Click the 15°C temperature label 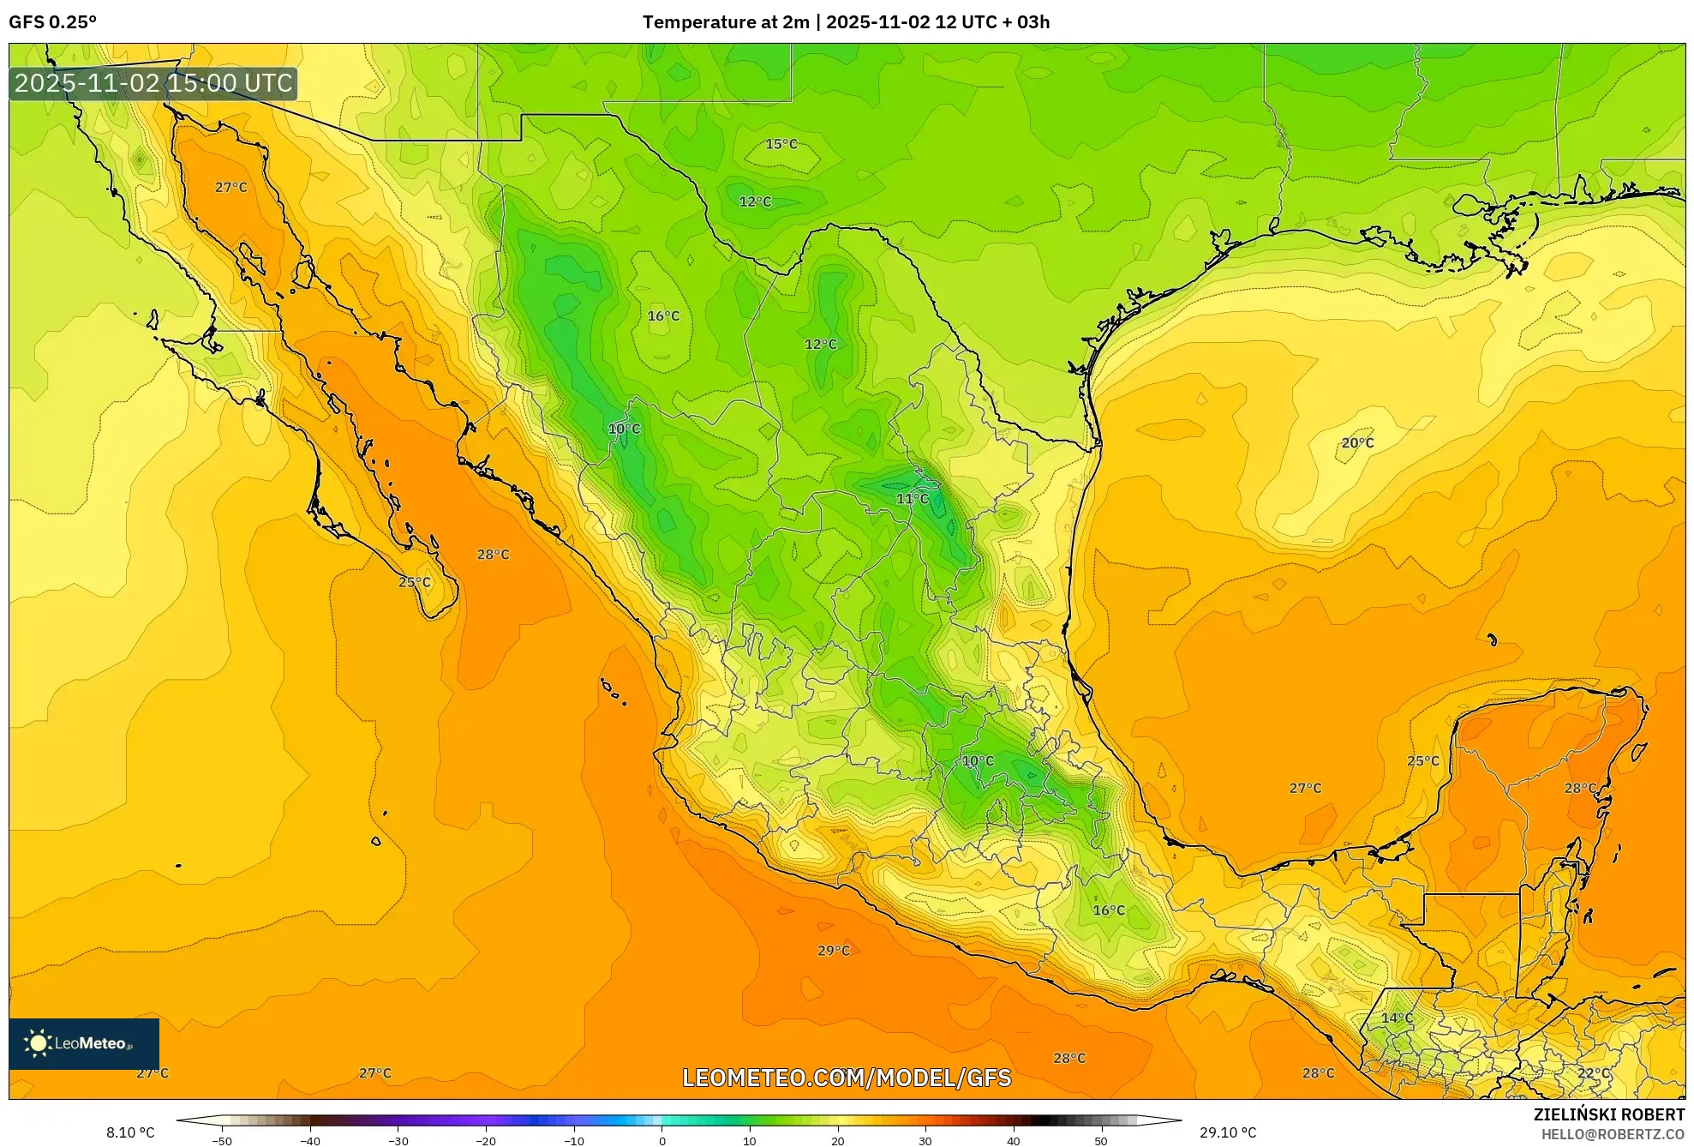pyautogui.click(x=781, y=144)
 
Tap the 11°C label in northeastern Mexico pyautogui.click(x=912, y=499)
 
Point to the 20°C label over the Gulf pyautogui.click(x=1357, y=443)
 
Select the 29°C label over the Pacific pyautogui.click(x=833, y=951)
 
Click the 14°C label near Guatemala pyautogui.click(x=1397, y=1018)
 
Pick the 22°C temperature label pyautogui.click(x=1593, y=1073)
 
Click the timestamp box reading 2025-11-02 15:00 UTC pyautogui.click(x=153, y=83)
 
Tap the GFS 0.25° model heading pyautogui.click(x=52, y=22)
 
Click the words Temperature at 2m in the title pyautogui.click(x=725, y=22)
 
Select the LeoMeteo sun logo pyautogui.click(x=38, y=1043)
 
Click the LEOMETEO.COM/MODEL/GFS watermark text pyautogui.click(x=847, y=1078)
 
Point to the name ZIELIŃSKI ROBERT pyautogui.click(x=1608, y=1114)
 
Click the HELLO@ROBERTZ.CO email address pyautogui.click(x=1613, y=1134)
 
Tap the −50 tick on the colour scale pyautogui.click(x=221, y=1141)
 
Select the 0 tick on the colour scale pyautogui.click(x=661, y=1141)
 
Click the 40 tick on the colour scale pyautogui.click(x=1013, y=1141)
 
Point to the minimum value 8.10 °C pyautogui.click(x=130, y=1132)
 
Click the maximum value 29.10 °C pyautogui.click(x=1227, y=1132)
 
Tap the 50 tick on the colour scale pyautogui.click(x=1100, y=1141)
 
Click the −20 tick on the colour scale pyautogui.click(x=485, y=1141)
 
